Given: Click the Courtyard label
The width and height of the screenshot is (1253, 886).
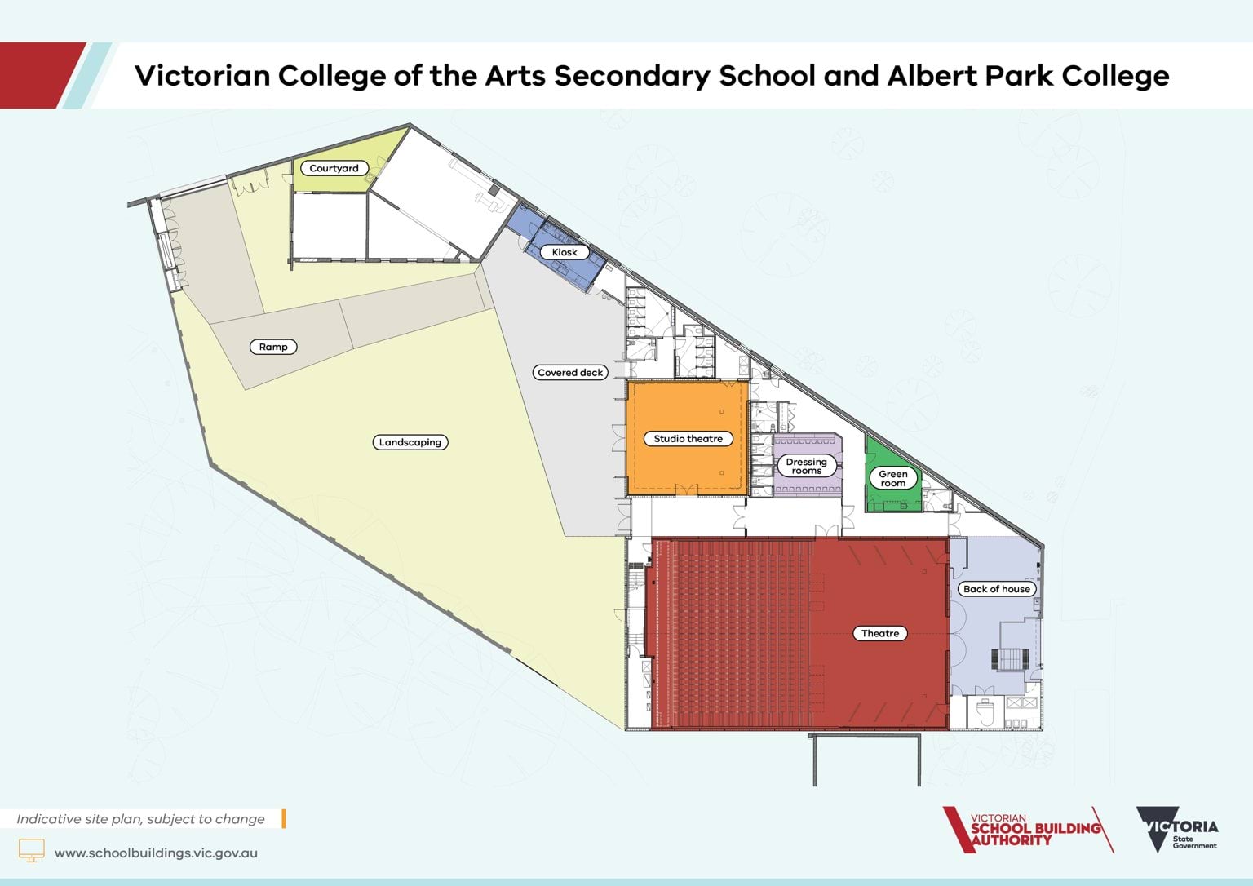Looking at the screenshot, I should tap(334, 168).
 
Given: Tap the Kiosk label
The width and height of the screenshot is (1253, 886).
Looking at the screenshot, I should tap(565, 252).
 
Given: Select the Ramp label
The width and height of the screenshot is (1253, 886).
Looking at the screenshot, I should tap(273, 347).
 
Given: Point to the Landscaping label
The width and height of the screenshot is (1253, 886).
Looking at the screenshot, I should tap(410, 442).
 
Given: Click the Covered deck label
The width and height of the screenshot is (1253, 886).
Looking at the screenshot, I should tap(570, 372).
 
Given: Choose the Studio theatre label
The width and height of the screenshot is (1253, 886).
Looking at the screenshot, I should tap(688, 438).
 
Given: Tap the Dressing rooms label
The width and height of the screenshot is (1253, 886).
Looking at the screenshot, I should tap(806, 466).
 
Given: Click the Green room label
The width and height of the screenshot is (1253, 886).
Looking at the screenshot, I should tap(892, 478).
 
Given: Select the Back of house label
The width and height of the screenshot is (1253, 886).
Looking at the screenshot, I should tap(996, 588).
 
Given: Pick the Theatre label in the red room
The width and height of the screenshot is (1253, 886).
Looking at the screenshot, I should tap(880, 633).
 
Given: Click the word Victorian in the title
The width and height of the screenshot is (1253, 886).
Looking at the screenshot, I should tap(202, 76).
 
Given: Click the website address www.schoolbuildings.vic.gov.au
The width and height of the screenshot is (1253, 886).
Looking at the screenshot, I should tap(156, 853).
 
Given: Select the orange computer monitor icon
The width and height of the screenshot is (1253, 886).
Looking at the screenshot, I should tap(31, 850).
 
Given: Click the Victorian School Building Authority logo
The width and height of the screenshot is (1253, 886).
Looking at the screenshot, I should tap(1026, 831).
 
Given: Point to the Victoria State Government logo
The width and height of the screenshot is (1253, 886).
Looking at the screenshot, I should tap(1176, 830).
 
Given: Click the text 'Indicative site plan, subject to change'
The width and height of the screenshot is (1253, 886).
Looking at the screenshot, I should tap(140, 819).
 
